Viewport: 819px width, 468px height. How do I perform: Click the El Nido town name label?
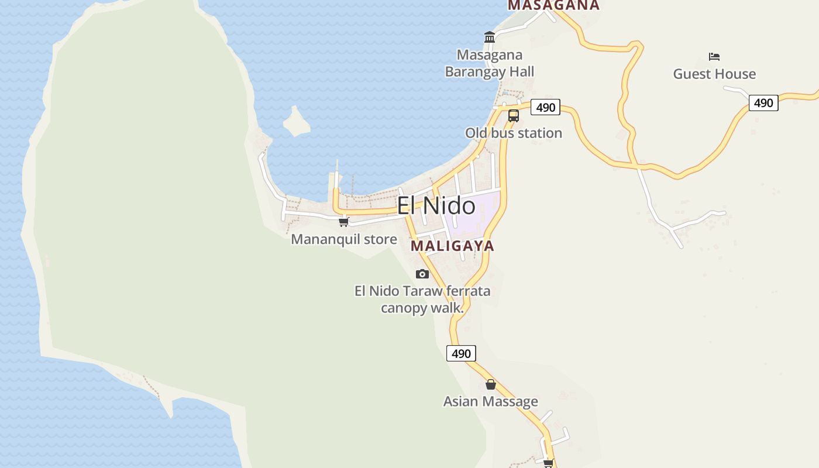(436, 206)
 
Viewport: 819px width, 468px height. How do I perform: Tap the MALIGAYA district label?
(452, 246)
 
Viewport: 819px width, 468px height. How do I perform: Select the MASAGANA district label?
(553, 5)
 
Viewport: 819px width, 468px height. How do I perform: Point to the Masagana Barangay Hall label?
(490, 63)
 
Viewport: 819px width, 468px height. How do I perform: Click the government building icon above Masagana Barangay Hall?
(490, 37)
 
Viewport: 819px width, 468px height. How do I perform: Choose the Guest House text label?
(714, 74)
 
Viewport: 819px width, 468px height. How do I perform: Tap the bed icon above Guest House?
(714, 57)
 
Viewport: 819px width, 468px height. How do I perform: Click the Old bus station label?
(514, 133)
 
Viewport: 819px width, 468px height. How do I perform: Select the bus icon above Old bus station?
(513, 116)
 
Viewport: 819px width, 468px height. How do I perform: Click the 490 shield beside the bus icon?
(545, 107)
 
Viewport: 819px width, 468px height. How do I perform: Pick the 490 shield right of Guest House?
(763, 103)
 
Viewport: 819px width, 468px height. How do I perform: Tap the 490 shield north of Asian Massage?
(461, 353)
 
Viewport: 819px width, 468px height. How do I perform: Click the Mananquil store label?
(344, 239)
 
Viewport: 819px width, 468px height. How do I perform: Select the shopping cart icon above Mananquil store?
(344, 222)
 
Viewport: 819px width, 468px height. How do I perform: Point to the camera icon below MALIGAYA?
(422, 274)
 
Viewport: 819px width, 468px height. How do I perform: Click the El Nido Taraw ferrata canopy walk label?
(422, 299)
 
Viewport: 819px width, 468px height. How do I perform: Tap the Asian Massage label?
(490, 401)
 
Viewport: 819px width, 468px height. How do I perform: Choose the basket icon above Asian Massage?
(490, 384)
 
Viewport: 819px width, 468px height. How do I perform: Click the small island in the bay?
(297, 122)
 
